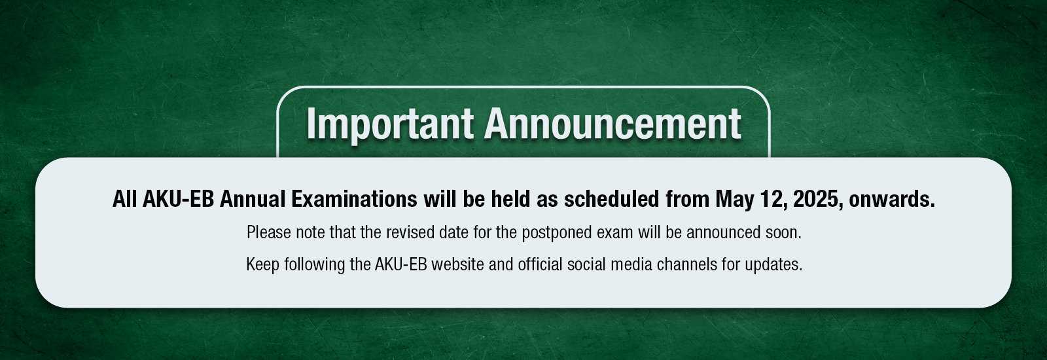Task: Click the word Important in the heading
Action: (x=390, y=124)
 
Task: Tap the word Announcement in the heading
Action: (x=612, y=124)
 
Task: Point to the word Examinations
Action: (x=354, y=199)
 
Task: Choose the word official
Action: (x=539, y=264)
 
